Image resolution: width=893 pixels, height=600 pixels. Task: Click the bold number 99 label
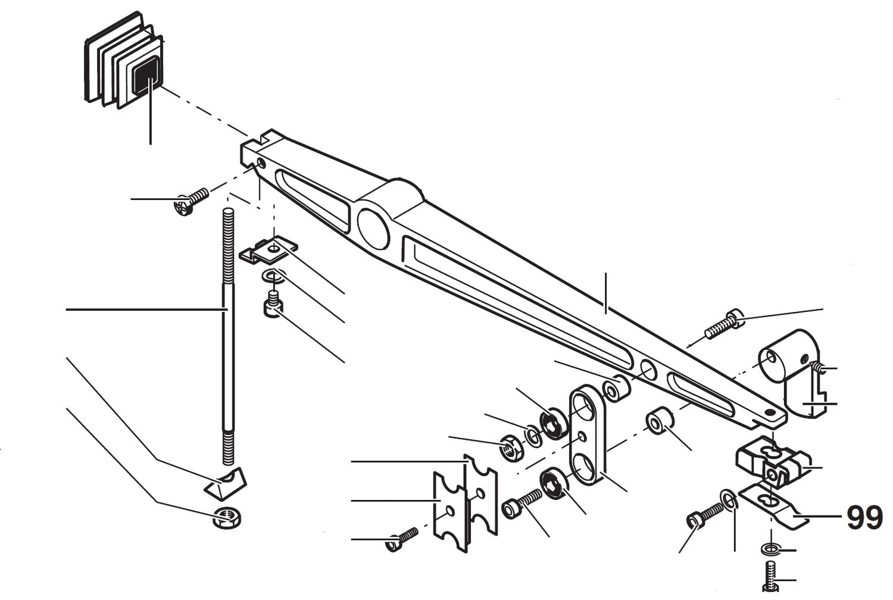click(x=864, y=518)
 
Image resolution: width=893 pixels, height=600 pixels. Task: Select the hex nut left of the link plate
click(x=511, y=446)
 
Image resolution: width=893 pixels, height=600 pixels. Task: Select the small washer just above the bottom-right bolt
click(x=769, y=548)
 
